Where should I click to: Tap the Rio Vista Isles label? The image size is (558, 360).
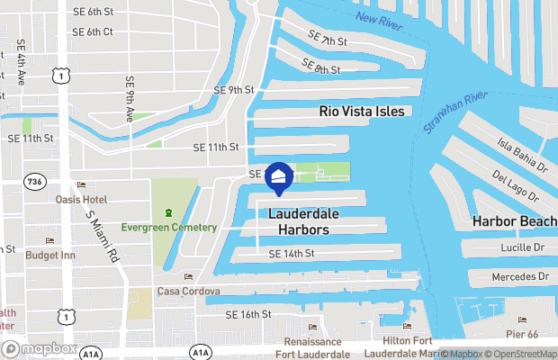(363, 112)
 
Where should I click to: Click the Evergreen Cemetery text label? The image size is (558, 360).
(169, 227)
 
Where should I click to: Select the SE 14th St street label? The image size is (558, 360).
(291, 255)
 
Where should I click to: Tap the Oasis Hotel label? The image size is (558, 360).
(81, 199)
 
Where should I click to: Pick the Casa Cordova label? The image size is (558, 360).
(188, 291)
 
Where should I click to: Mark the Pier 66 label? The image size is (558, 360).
(522, 334)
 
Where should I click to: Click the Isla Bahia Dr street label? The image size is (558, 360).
(523, 152)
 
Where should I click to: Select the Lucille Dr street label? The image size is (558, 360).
(521, 247)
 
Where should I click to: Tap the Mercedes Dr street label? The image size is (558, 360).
(517, 276)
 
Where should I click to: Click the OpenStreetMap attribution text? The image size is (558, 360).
(522, 354)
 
